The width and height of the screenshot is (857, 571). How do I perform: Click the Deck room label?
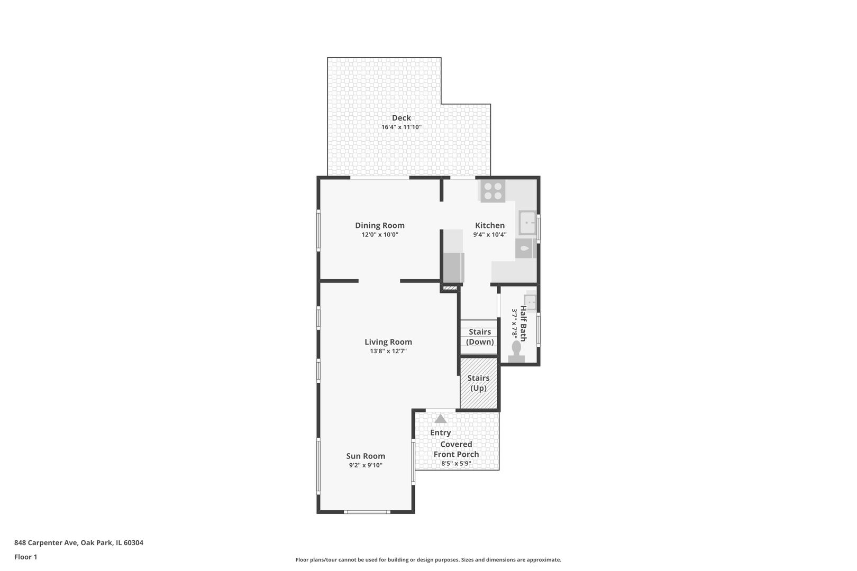pyautogui.click(x=402, y=118)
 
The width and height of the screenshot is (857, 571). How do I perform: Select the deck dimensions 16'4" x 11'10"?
pyautogui.click(x=402, y=127)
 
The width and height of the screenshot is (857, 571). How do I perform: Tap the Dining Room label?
pyautogui.click(x=379, y=226)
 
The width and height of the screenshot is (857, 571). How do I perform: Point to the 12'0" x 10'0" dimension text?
pyautogui.click(x=380, y=235)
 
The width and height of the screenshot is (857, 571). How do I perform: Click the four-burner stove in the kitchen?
pyautogui.click(x=493, y=191)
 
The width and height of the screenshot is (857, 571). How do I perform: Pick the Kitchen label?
pyautogui.click(x=490, y=226)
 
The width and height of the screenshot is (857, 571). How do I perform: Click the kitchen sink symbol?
pyautogui.click(x=527, y=223)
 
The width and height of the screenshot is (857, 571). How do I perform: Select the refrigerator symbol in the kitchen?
pyautogui.click(x=454, y=268)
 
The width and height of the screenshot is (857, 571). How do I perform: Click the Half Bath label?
pyautogui.click(x=523, y=323)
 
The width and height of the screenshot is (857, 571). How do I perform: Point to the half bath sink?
pyautogui.click(x=530, y=302)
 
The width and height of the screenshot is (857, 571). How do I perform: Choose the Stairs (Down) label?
pyautogui.click(x=480, y=337)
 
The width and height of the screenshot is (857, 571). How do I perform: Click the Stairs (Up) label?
pyautogui.click(x=478, y=383)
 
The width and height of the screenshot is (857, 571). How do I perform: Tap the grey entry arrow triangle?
pyautogui.click(x=440, y=419)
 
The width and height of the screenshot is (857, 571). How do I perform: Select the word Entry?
pyautogui.click(x=440, y=432)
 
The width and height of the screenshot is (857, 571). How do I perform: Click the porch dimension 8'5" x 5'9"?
pyautogui.click(x=456, y=464)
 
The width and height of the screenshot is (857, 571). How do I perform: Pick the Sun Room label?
pyautogui.click(x=366, y=456)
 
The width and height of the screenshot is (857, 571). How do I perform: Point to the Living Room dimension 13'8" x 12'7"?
pyautogui.click(x=388, y=351)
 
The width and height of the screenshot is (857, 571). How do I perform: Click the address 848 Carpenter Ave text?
pyautogui.click(x=46, y=542)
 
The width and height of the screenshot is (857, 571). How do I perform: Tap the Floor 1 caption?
pyautogui.click(x=25, y=557)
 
